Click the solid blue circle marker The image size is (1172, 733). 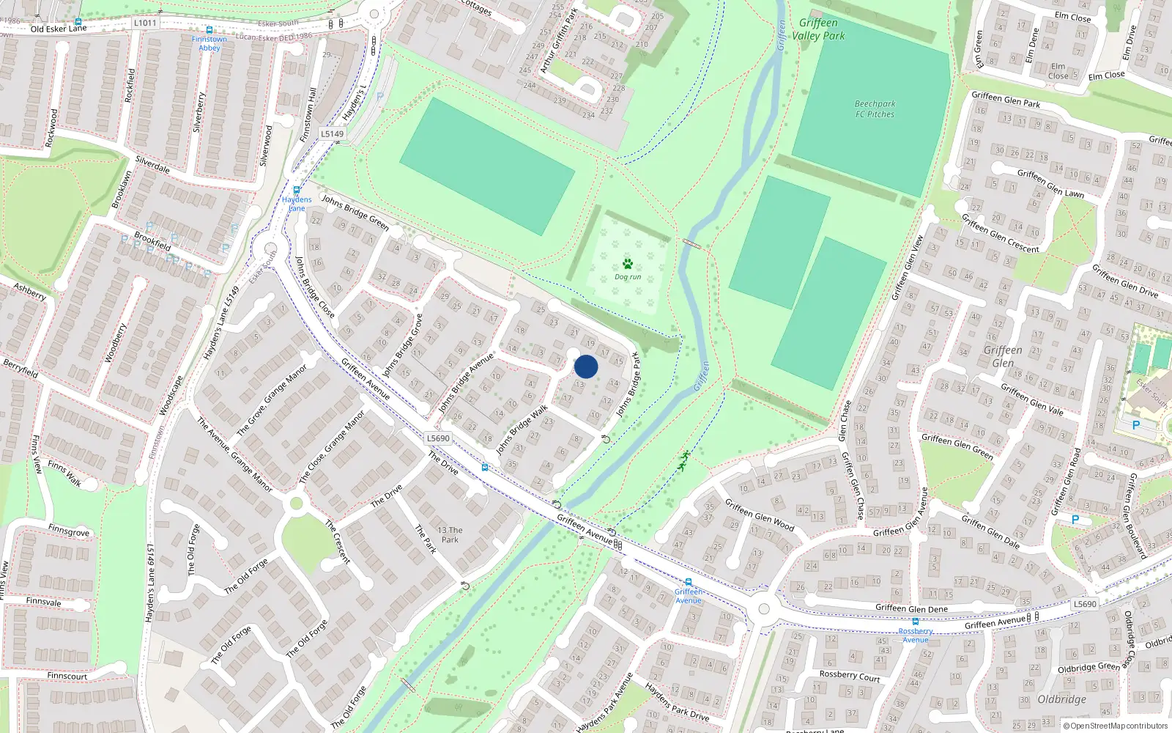[x=586, y=366]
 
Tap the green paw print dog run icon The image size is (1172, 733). [x=627, y=264]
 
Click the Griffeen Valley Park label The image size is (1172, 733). [x=818, y=29]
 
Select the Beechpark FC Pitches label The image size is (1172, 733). [x=875, y=109]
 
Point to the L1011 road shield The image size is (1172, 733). [x=145, y=23]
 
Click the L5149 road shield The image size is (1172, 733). [x=332, y=133]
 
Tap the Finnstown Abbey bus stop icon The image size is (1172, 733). [x=209, y=31]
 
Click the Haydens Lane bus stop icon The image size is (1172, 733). [x=297, y=191]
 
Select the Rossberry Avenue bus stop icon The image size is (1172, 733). [x=915, y=622]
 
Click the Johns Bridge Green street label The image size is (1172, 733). [x=355, y=213]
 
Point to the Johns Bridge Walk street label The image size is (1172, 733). [x=522, y=430]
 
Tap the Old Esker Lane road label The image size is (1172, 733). [x=59, y=29]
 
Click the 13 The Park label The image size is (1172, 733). [x=450, y=534]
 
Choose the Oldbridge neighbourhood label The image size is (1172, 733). [x=1062, y=699]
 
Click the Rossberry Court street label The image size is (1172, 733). [x=850, y=675]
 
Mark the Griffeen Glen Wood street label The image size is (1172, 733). [x=760, y=514]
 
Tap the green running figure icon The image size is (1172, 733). [x=683, y=460]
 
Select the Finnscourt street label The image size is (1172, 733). [x=67, y=676]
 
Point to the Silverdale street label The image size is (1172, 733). [x=152, y=164]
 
